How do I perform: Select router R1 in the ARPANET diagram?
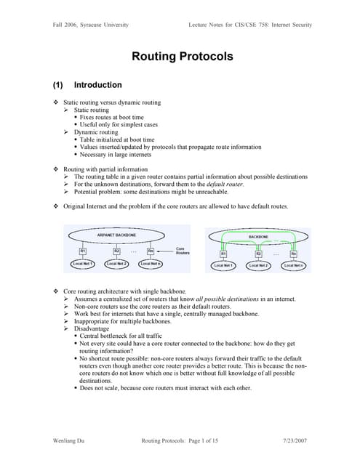click(84, 251)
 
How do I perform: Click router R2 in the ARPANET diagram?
click(116, 251)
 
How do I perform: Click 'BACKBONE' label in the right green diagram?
click(258, 237)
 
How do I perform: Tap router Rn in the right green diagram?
click(293, 254)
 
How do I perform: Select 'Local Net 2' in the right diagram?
click(258, 266)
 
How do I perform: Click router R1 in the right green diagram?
click(223, 254)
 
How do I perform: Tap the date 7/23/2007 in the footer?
click(297, 441)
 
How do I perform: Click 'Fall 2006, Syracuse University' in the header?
click(90, 25)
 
